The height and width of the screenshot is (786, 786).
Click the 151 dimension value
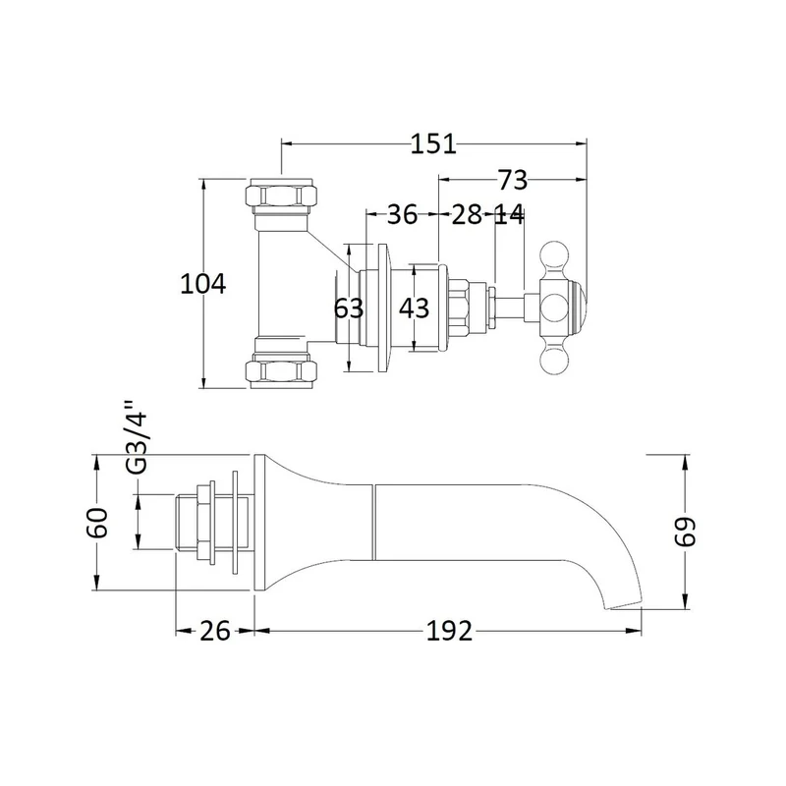click(x=433, y=143)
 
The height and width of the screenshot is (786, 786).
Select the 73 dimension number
click(x=512, y=180)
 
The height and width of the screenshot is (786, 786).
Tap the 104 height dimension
click(x=203, y=284)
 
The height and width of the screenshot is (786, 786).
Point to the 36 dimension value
click(x=402, y=214)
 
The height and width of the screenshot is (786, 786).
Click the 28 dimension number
click(x=467, y=214)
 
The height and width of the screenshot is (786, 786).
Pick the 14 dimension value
click(x=509, y=214)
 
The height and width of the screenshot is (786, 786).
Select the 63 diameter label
click(x=349, y=308)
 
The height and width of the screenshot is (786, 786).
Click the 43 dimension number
click(x=414, y=308)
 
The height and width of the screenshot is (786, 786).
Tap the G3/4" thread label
click(x=137, y=437)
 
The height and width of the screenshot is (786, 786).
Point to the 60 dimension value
click(x=97, y=523)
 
